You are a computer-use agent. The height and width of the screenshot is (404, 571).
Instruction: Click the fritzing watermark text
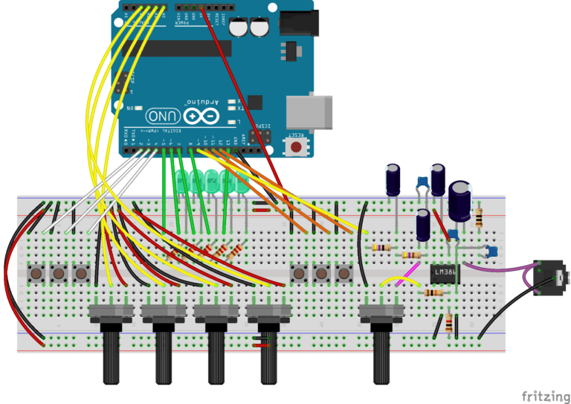545,394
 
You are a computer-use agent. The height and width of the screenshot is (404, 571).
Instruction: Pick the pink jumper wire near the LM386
407,280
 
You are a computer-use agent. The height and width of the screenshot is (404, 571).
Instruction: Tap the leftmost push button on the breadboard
36,274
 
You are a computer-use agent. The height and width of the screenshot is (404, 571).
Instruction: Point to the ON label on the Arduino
131,109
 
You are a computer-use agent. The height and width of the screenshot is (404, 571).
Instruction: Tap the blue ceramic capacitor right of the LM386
491,253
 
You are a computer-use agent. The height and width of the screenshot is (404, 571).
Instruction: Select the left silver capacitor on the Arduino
239,28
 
